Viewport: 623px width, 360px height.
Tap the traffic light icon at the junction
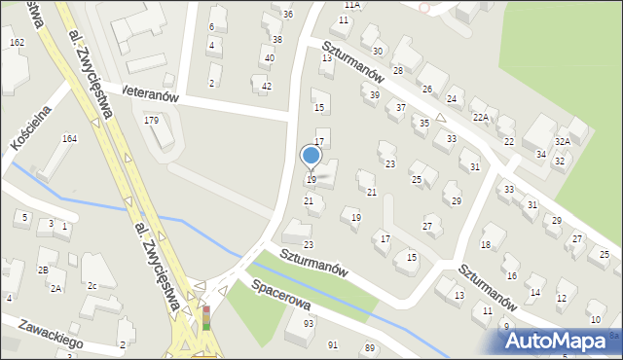point(206,318)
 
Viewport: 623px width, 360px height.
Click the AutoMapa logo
point(559,341)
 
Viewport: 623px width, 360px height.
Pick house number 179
point(151,121)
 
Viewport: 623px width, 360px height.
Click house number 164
point(69,139)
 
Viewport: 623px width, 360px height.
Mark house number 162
point(17,43)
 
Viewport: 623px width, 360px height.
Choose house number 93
point(309,323)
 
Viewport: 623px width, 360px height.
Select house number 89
point(369,347)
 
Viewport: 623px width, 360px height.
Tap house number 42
point(267,87)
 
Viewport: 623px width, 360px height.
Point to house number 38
point(277,40)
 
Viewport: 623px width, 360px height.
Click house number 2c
point(92,286)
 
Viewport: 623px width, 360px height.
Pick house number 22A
point(480,118)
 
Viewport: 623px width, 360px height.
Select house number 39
point(375,94)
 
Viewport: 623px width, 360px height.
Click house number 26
point(426,90)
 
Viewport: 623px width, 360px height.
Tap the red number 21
point(371,193)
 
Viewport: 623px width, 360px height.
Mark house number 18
point(485,246)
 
